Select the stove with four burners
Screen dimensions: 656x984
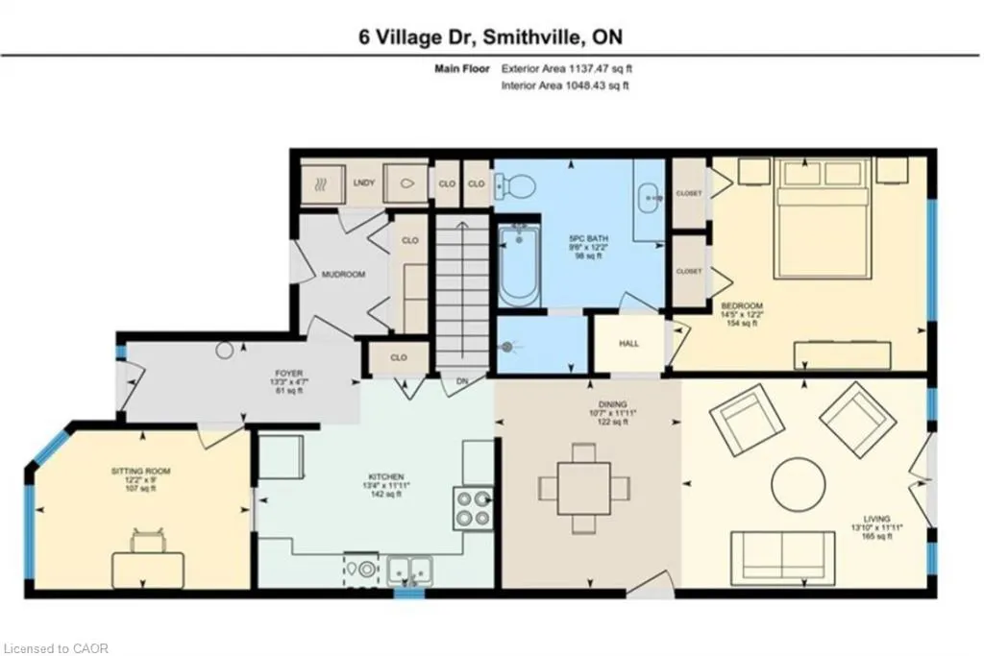(472, 508)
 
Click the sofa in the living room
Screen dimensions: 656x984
(781, 556)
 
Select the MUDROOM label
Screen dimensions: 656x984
(342, 275)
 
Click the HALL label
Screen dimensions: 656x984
(628, 343)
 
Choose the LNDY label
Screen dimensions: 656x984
(363, 183)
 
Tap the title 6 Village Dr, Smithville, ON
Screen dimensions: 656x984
(491, 36)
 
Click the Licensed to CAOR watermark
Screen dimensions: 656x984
(56, 648)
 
